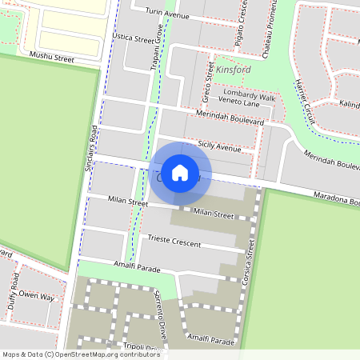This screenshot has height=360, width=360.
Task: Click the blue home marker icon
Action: tap(180, 173)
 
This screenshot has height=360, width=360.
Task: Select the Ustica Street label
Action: tap(133, 38)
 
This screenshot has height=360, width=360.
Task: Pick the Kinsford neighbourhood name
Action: tap(233, 70)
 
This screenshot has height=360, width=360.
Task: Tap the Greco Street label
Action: tap(209, 84)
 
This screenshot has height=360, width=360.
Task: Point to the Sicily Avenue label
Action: tap(219, 148)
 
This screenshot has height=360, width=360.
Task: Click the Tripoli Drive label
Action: tap(142, 347)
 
